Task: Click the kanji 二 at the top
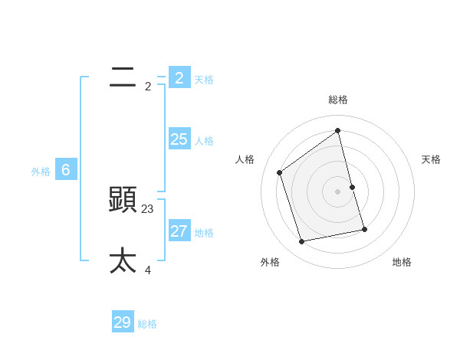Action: coord(123,77)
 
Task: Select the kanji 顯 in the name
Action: coord(123,200)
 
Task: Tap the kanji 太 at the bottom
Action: coord(123,260)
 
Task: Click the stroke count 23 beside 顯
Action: coord(148,208)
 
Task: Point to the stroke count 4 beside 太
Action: coord(148,270)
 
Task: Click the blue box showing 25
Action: coord(179,139)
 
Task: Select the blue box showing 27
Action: coord(179,231)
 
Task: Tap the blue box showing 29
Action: coord(123,322)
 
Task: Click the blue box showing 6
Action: coord(66,170)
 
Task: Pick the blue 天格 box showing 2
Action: coord(179,77)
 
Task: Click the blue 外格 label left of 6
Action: coord(41,172)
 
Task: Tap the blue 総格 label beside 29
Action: coord(147,324)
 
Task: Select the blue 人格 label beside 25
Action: coord(204,141)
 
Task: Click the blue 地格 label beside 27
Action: coord(204,233)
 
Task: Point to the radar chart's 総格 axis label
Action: coord(338,100)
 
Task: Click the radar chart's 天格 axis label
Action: coord(431,159)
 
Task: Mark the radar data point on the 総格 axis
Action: coord(338,130)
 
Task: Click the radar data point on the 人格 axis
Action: coord(280,172)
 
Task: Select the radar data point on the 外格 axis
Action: coord(302,241)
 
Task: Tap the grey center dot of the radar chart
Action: coord(338,191)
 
